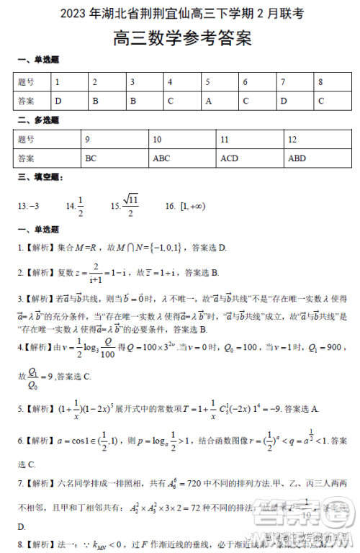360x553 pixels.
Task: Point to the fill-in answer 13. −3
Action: [x=28, y=207]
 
